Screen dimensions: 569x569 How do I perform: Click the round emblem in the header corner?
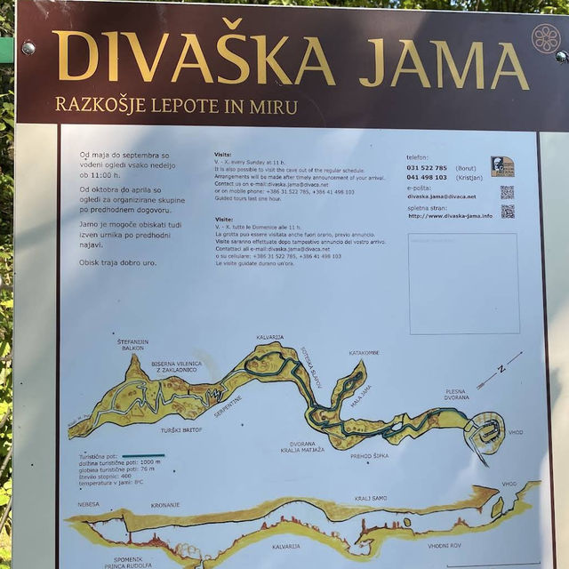pos(546,38)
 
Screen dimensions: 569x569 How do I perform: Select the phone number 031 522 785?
pos(428,167)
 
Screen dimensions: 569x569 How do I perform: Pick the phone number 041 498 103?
pos(428,177)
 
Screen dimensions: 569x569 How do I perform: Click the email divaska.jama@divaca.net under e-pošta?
pos(441,196)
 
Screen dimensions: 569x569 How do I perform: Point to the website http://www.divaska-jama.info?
pos(450,215)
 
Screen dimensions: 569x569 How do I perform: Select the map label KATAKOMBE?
pos(364,353)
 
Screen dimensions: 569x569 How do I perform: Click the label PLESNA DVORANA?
pos(456,395)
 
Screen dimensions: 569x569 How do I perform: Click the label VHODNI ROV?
pos(444,546)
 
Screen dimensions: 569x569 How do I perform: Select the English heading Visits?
pos(222,155)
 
